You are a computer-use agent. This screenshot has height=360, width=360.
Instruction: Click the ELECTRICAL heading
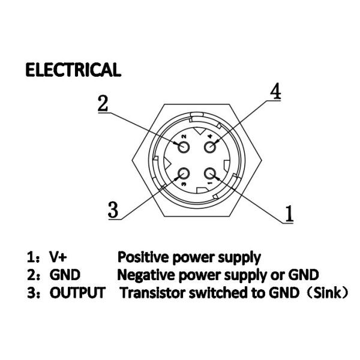point(73,70)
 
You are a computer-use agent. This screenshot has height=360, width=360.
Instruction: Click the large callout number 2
point(103,103)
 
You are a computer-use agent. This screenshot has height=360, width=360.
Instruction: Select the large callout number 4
point(275,91)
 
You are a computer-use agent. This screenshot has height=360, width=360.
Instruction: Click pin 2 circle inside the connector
point(182,145)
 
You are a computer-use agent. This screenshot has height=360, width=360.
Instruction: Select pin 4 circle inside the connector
point(211,145)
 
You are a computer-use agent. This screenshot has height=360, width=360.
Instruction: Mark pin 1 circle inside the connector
point(211,175)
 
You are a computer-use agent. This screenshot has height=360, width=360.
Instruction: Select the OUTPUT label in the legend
point(77,293)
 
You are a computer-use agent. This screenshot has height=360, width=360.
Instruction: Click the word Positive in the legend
point(142,257)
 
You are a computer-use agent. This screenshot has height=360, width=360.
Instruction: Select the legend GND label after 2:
point(64,275)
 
